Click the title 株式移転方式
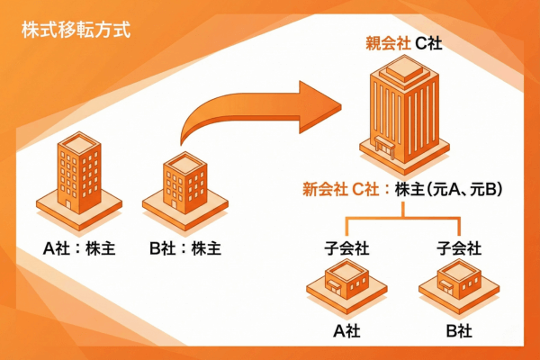(x=76, y=31)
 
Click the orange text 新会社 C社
(x=337, y=190)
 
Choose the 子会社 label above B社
(x=458, y=246)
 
